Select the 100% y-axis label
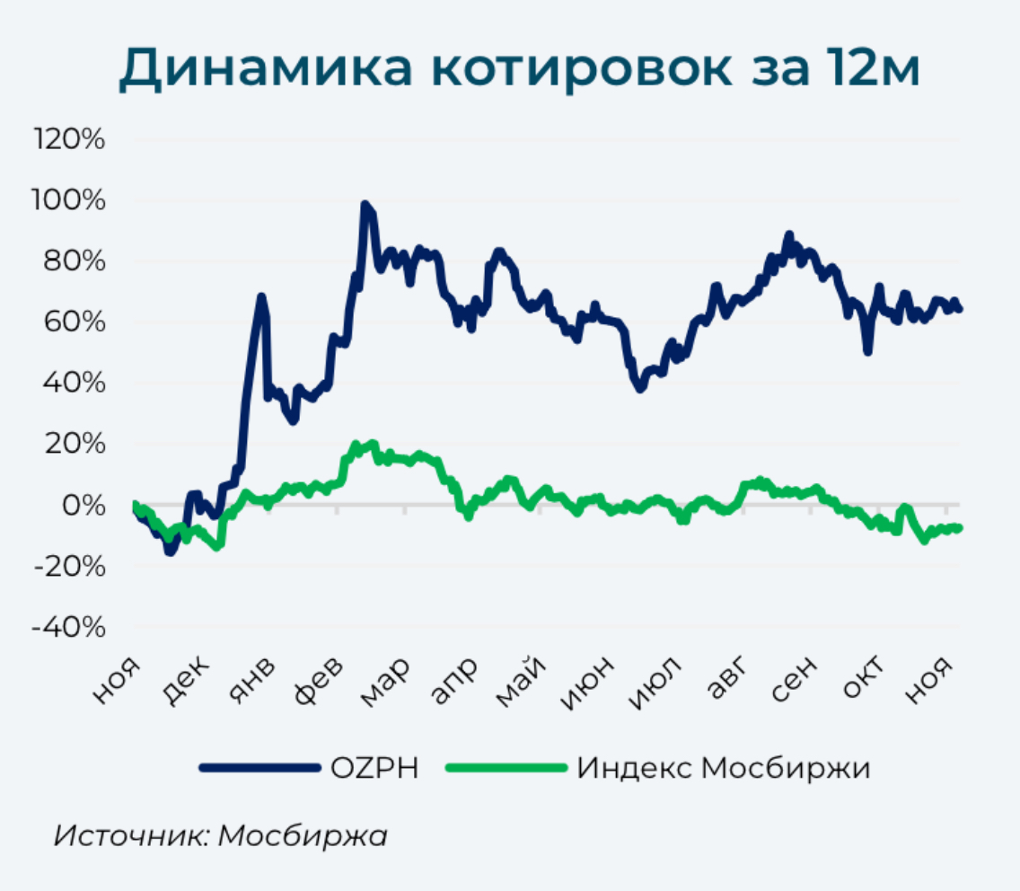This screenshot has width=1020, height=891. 69,200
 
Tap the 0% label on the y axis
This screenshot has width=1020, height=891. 84,505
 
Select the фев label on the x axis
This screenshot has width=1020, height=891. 321,676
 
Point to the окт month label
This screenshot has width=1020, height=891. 864,676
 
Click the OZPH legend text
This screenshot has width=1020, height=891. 374,768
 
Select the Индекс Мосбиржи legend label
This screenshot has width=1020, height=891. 723,768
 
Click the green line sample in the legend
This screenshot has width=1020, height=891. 506,768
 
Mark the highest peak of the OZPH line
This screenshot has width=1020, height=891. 365,206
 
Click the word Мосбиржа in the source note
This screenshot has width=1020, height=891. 303,834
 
